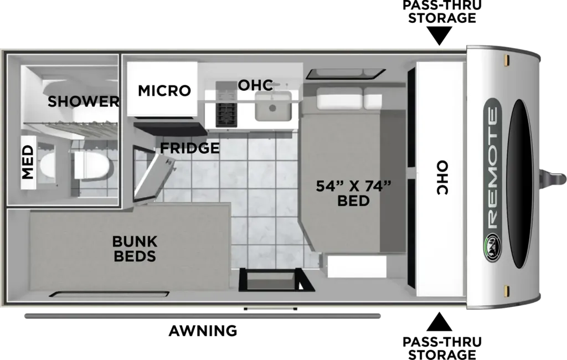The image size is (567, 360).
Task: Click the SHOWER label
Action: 83,101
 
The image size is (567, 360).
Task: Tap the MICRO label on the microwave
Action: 164,90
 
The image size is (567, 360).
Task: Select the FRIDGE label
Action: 190,148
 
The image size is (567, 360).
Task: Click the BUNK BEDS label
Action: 135,249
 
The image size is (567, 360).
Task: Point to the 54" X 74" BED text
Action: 353,193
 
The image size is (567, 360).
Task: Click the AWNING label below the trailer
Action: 203,331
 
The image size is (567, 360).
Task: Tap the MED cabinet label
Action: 28,162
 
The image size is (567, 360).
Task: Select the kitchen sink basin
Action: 272,106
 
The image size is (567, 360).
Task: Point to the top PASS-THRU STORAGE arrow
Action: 440,36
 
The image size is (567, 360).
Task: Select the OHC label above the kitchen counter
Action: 255,85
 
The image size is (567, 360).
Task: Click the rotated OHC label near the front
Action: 442,177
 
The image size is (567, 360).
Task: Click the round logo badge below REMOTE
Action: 492,248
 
